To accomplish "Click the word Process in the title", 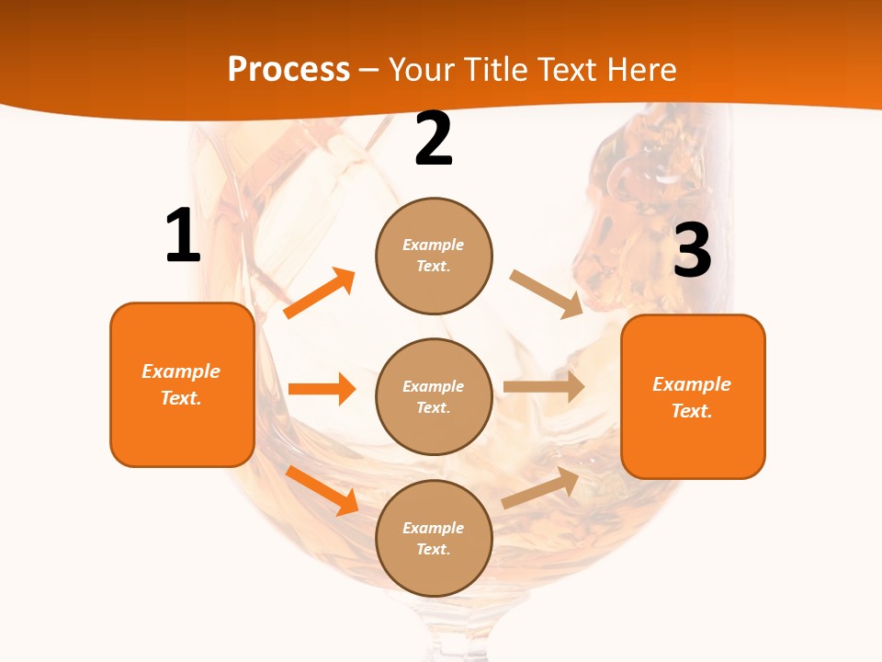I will (288, 69).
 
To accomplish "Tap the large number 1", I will (183, 235).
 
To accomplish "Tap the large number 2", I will (434, 140).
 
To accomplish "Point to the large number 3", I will (692, 251).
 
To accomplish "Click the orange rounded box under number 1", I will (182, 384).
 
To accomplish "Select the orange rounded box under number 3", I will (693, 396).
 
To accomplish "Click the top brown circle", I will (434, 256).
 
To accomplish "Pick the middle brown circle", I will (434, 396).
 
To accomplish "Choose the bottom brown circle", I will (434, 538).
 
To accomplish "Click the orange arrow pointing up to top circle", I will (320, 293).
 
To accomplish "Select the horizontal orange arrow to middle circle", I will (322, 389).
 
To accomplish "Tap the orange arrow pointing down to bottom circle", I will (322, 490).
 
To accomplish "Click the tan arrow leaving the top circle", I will (547, 294).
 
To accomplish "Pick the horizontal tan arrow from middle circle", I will (544, 387).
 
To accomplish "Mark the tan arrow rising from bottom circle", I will (540, 487).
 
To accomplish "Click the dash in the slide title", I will (369, 71).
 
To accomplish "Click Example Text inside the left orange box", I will (181, 384).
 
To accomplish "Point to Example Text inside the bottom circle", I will (434, 538).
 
